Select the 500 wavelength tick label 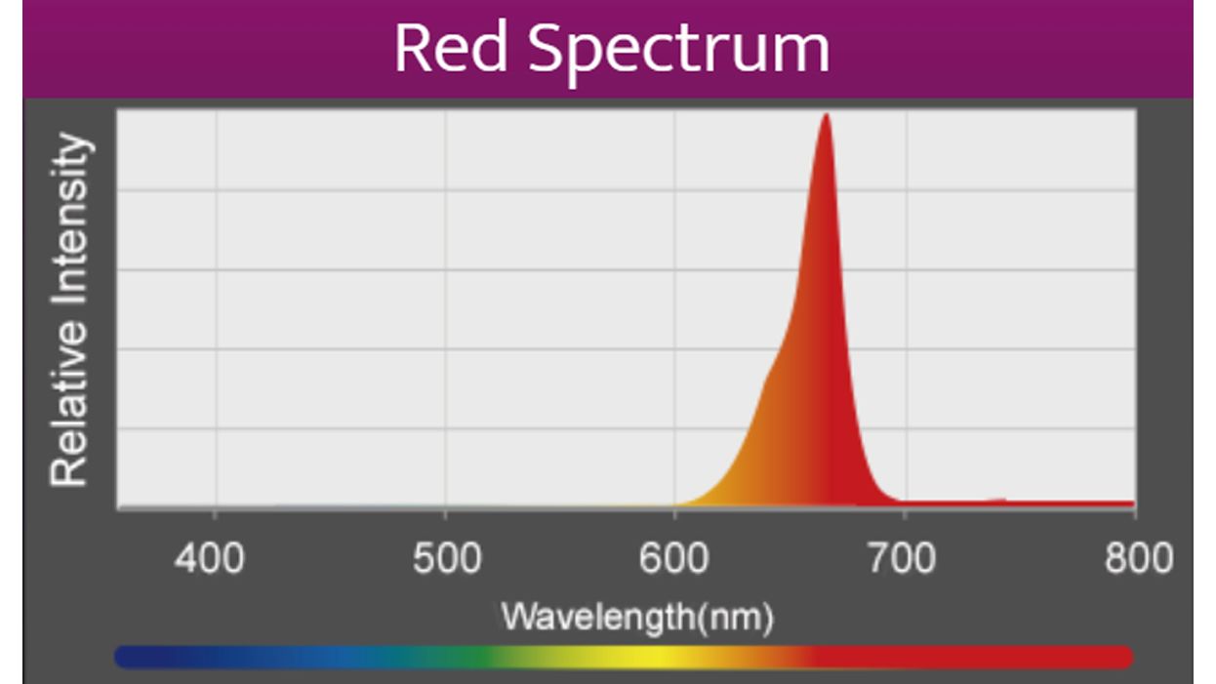point(445,559)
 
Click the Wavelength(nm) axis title point(637,616)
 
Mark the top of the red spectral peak point(827,117)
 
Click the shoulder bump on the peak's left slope point(767,381)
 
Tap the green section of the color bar point(478,657)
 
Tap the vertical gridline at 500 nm point(446,293)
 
